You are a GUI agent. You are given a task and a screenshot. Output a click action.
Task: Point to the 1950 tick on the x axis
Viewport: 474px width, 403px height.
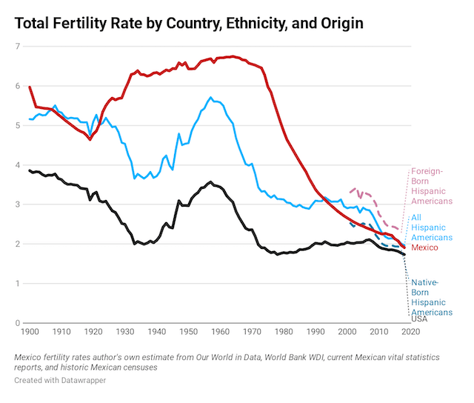pyautogui.click(x=188, y=333)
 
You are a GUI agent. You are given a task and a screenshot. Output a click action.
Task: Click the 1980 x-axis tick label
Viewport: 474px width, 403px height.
pyautogui.click(x=284, y=333)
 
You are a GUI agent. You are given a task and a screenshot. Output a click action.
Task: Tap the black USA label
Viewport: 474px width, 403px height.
pyautogui.click(x=419, y=319)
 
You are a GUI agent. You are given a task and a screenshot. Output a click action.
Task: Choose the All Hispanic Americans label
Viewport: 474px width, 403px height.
pyautogui.click(x=431, y=227)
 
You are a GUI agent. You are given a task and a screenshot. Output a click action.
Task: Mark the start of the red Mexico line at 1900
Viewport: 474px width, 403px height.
pyautogui.click(x=30, y=87)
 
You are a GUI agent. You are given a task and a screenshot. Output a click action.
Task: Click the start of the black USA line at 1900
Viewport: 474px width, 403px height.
pyautogui.click(x=30, y=170)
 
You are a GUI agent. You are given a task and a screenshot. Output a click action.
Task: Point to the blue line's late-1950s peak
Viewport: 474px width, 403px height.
pyautogui.click(x=211, y=97)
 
